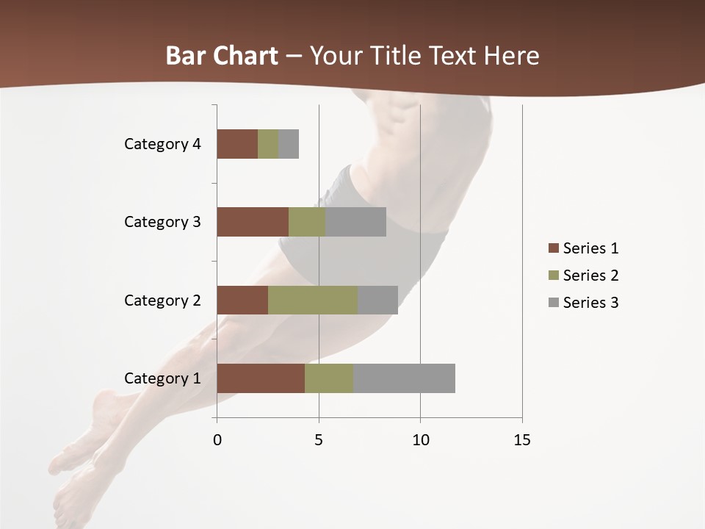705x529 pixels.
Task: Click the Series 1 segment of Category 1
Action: tap(261, 378)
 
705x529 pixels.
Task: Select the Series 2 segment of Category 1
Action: tap(329, 378)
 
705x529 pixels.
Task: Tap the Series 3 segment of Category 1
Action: tap(404, 378)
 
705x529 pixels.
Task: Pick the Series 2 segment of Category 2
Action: tap(313, 300)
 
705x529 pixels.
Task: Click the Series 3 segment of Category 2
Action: tap(377, 300)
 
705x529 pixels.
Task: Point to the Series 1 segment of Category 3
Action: tap(253, 222)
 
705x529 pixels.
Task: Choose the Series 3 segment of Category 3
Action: tap(355, 222)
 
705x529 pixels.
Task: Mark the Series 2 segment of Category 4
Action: tap(268, 144)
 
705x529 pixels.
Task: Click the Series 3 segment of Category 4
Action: tap(289, 144)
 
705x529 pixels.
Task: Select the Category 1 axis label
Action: tap(162, 378)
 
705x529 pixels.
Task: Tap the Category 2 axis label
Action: tap(162, 300)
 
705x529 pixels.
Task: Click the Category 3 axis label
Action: tap(162, 222)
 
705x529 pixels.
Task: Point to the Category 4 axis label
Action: tap(162, 144)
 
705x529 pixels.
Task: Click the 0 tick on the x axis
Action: tap(217, 440)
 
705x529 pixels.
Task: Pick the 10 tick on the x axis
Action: tap(420, 440)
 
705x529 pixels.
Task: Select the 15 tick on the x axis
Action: tap(521, 440)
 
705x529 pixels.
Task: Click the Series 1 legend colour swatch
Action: tap(553, 248)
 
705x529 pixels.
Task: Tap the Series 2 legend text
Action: tap(590, 276)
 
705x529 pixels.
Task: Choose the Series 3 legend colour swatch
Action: tap(553, 303)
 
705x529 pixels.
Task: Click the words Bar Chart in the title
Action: tap(222, 56)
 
